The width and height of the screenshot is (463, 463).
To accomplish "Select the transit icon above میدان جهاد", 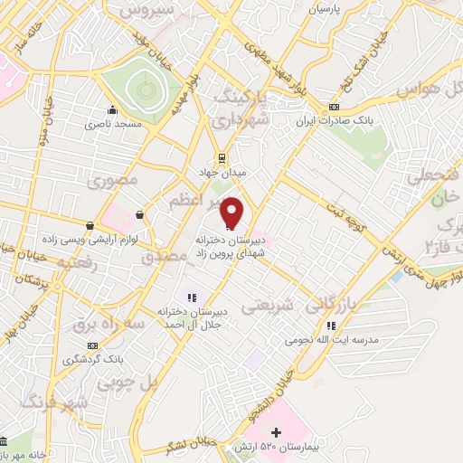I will [x=222, y=155].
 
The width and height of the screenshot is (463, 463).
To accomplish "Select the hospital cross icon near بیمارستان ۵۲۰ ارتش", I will [x=289, y=434].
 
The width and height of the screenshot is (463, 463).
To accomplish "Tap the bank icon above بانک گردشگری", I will [x=91, y=345].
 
